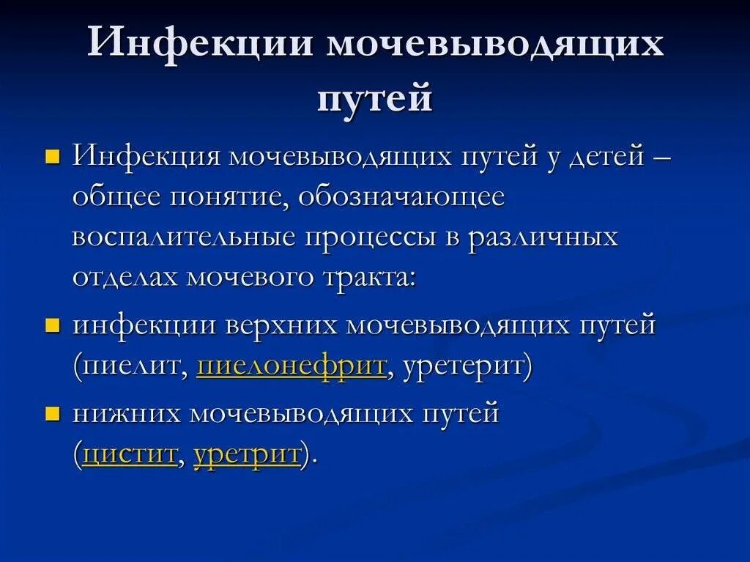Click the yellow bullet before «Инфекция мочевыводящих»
pyautogui.click(x=52, y=158)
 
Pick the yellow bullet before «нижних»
pyautogui.click(x=52, y=415)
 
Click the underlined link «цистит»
pyautogui.click(x=130, y=454)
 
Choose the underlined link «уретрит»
pyautogui.click(x=247, y=454)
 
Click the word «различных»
pyautogui.click(x=543, y=238)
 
